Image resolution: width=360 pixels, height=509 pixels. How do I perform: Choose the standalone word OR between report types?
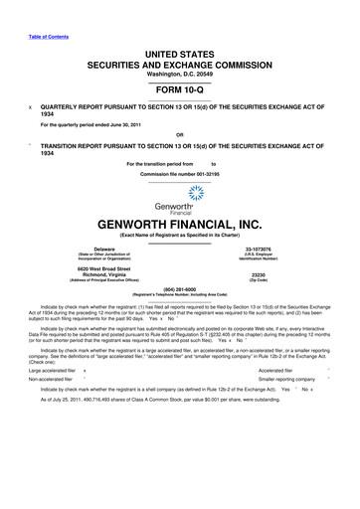(x=179, y=134)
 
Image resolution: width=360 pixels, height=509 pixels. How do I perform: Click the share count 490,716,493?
(x=124, y=494)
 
